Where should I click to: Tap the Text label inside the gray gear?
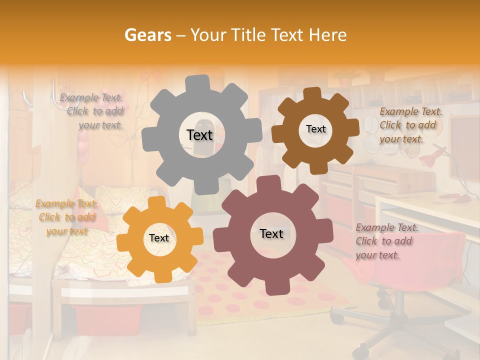pyautogui.click(x=199, y=135)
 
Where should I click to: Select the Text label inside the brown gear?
pyautogui.click(x=315, y=129)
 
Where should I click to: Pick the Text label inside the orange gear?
pyautogui.click(x=159, y=238)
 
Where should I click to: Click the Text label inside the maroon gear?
pyautogui.click(x=271, y=234)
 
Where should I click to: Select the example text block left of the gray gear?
pyautogui.click(x=92, y=111)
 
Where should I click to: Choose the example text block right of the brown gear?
pyautogui.click(x=410, y=125)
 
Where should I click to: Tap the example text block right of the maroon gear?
pyautogui.click(x=386, y=241)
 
